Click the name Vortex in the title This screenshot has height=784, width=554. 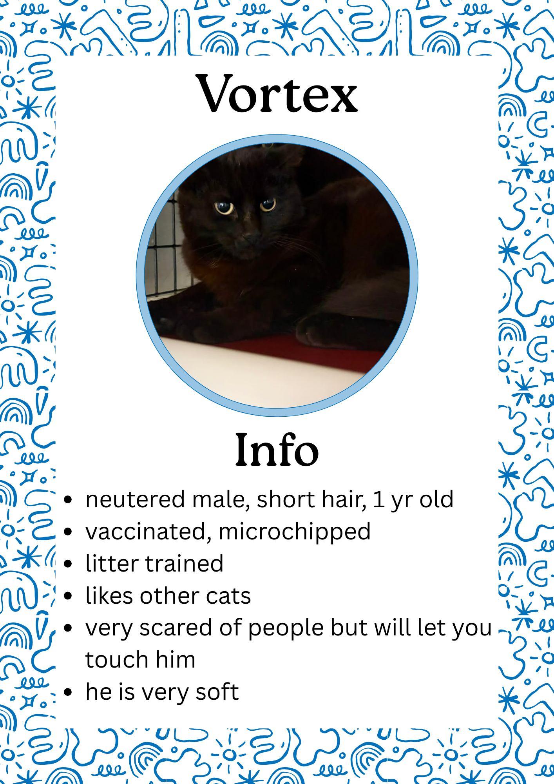click(x=278, y=93)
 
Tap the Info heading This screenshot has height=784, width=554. click(x=277, y=450)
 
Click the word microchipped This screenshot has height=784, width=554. click(x=294, y=532)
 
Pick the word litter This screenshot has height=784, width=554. click(x=112, y=563)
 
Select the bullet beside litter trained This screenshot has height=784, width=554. click(x=68, y=564)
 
